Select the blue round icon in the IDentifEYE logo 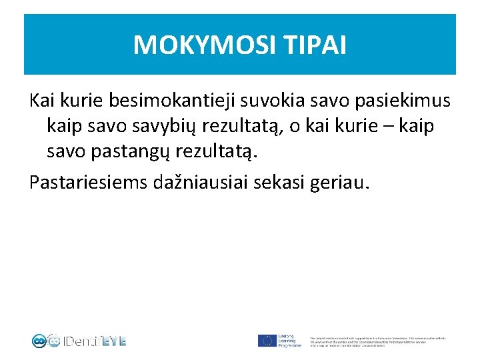tap(39, 341)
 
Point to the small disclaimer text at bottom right tap(378, 341)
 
